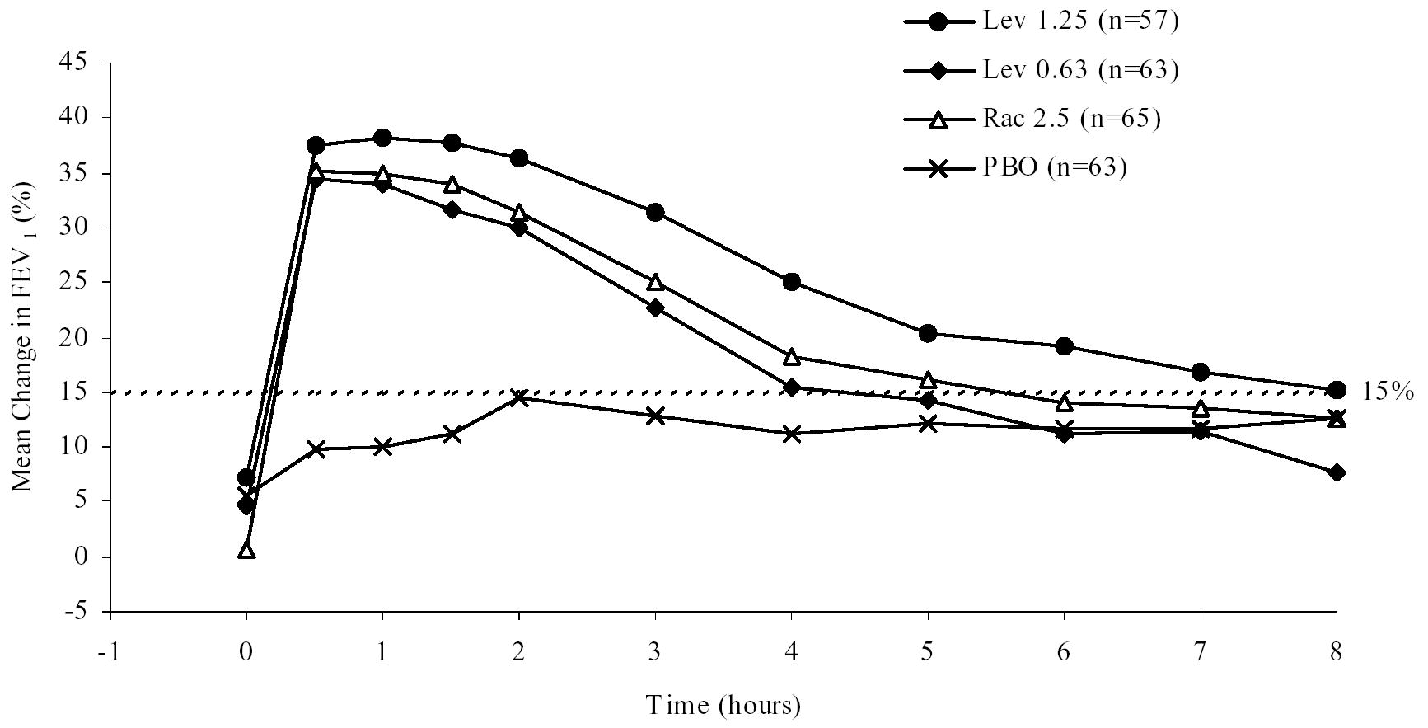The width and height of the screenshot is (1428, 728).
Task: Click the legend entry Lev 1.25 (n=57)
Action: click(1079, 21)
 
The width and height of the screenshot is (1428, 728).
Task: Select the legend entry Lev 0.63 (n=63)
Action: click(1079, 70)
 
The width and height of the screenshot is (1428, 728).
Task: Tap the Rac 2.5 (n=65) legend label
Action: click(1070, 119)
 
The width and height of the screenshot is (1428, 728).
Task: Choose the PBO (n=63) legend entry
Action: click(1054, 167)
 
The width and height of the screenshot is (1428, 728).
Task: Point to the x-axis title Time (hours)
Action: click(723, 706)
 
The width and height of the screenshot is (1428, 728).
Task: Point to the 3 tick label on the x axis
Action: click(655, 653)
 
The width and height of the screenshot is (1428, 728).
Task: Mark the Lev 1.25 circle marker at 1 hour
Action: click(382, 138)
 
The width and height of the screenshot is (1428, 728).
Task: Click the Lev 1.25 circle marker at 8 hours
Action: click(1337, 390)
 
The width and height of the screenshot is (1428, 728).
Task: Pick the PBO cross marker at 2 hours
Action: click(519, 397)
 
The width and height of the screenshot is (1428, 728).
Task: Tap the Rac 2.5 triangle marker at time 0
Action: click(246, 550)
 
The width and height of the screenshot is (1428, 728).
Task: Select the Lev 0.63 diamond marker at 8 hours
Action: click(1337, 472)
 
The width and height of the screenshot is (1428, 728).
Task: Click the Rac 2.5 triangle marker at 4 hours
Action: click(791, 356)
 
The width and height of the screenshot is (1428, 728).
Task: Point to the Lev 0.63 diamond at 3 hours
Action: click(655, 308)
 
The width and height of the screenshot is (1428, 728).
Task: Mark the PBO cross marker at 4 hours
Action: click(791, 434)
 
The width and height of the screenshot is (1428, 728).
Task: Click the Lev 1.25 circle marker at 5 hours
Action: click(928, 333)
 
